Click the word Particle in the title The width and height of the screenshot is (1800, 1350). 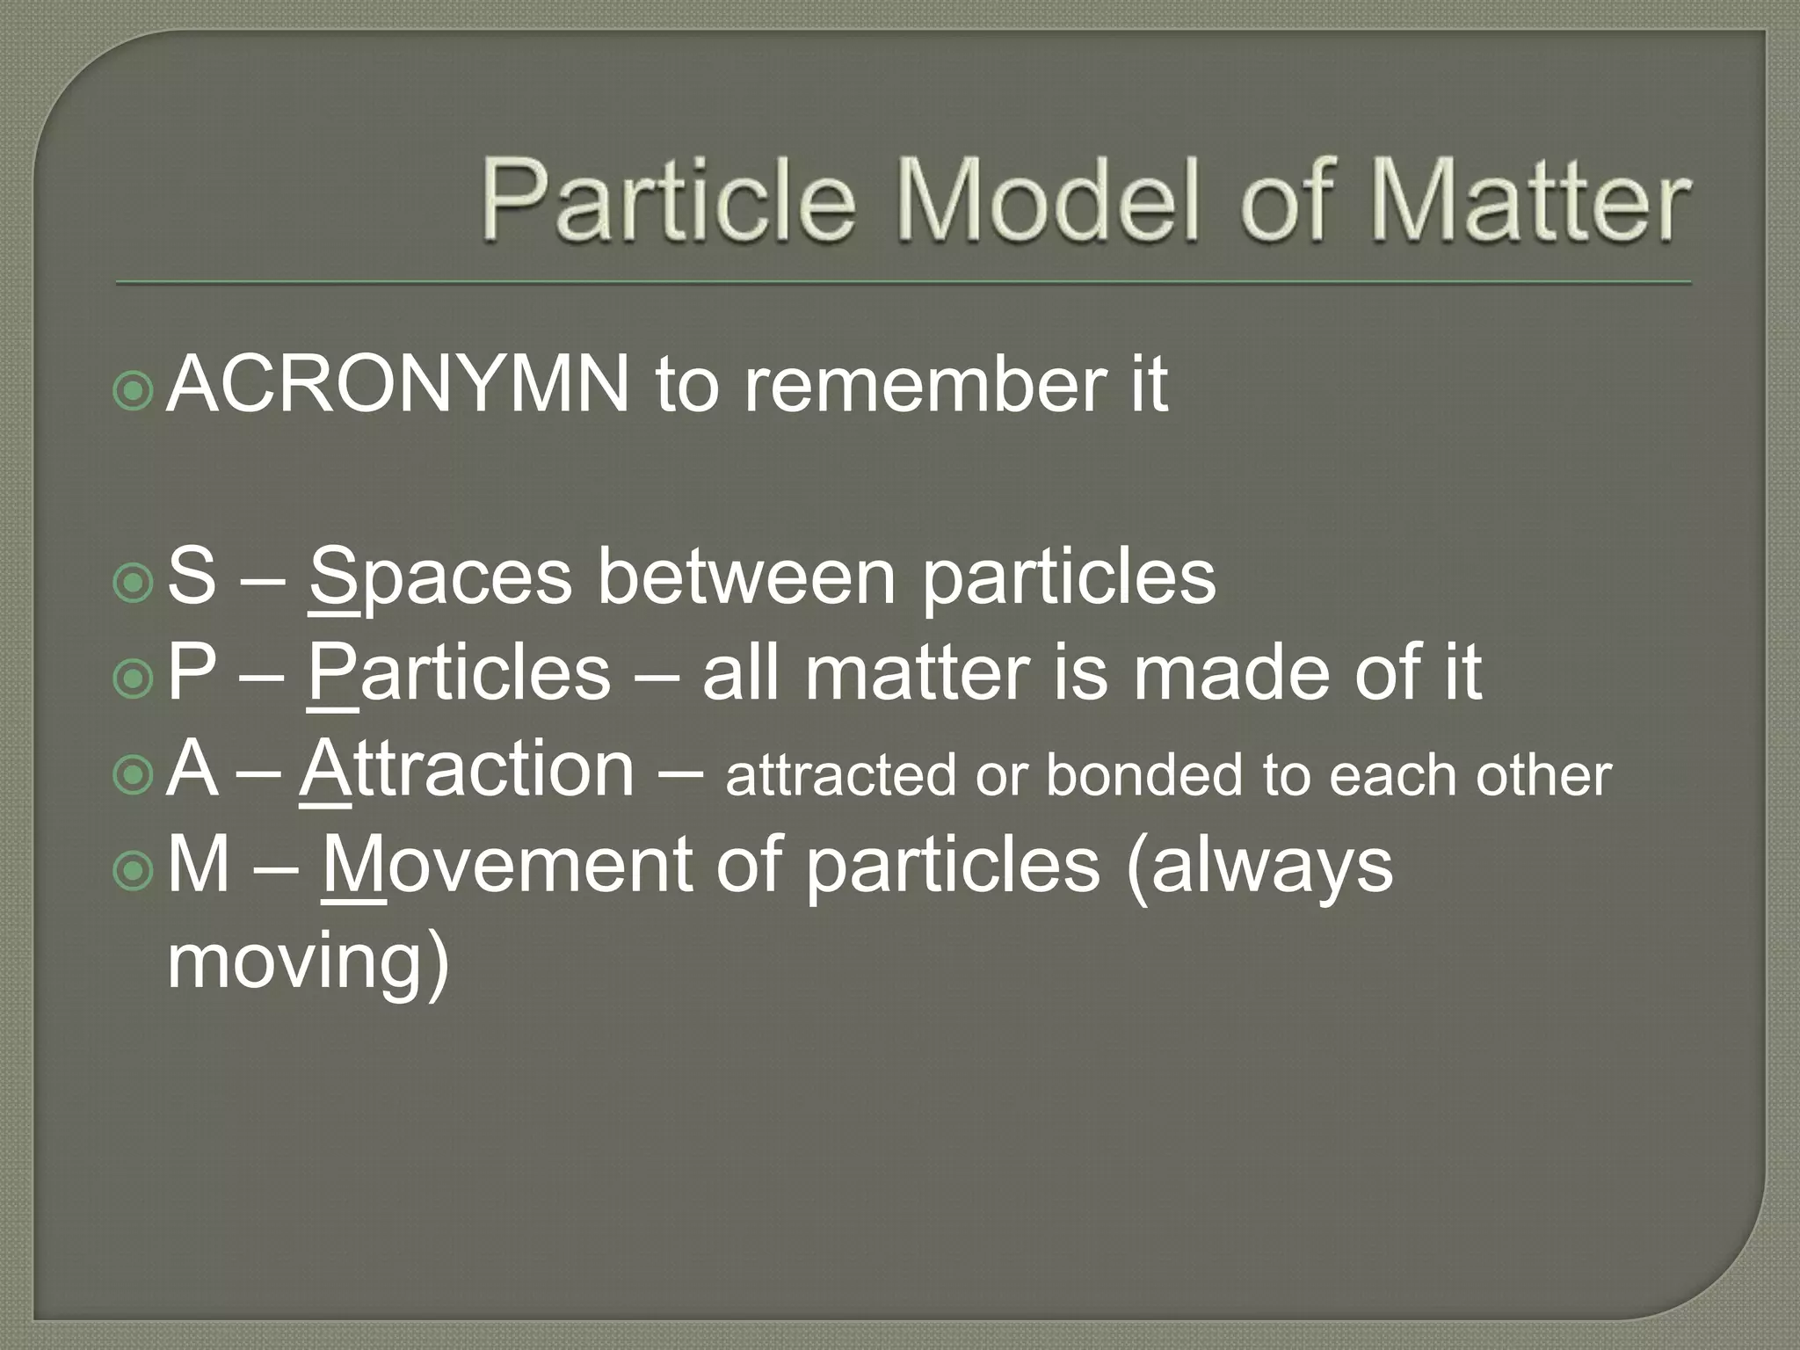(668, 200)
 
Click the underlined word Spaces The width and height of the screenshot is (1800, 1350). (440, 577)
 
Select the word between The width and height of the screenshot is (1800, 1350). (747, 577)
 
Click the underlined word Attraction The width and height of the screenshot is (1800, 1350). (467, 770)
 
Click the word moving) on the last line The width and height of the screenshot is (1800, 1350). (308, 962)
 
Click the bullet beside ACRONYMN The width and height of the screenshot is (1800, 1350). (134, 391)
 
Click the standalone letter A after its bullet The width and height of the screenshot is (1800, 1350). (192, 770)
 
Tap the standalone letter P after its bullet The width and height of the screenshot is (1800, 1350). (192, 673)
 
